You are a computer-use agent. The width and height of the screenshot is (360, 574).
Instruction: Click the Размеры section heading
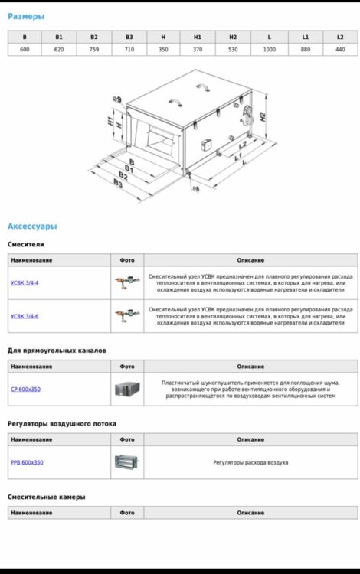[25, 17]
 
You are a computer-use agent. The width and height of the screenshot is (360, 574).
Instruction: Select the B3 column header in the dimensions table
[129, 37]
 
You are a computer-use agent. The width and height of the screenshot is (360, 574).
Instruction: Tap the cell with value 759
[94, 50]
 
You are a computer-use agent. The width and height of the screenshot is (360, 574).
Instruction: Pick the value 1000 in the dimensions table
[269, 50]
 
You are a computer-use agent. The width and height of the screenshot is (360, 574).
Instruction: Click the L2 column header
[340, 37]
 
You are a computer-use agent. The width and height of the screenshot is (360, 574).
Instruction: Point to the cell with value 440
[340, 50]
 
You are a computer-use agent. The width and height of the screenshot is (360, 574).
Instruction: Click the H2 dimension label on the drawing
[263, 117]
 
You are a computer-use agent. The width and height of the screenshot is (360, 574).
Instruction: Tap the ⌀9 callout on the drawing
[117, 99]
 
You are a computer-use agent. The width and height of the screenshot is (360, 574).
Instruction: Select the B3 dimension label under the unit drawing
[117, 183]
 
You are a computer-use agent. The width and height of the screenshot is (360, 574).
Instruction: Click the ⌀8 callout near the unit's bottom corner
[196, 188]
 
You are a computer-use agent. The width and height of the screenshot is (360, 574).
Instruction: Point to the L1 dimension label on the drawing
[238, 157]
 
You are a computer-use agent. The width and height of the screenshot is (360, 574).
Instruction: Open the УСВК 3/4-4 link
[25, 283]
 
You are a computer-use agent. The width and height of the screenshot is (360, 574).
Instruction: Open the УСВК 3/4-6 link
[25, 316]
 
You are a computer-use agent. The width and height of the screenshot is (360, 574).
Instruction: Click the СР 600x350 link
[25, 389]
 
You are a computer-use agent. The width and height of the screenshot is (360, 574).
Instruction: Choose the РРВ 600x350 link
[27, 462]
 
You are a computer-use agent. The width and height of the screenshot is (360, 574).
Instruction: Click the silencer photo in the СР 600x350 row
[127, 389]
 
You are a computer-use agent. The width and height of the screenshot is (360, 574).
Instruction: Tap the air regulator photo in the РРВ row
[126, 462]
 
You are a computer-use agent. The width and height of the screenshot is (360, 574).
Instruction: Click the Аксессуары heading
[32, 227]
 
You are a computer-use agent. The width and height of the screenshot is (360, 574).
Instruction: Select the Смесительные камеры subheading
[47, 497]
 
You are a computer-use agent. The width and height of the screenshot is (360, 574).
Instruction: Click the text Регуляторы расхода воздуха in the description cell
[250, 463]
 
